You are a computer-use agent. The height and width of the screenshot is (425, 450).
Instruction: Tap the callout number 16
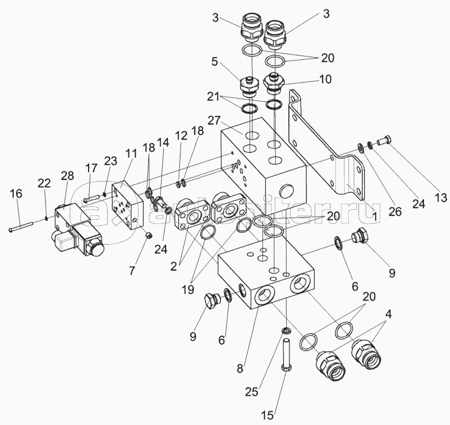tap(16, 193)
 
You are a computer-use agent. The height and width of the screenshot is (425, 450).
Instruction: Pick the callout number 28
tap(68, 175)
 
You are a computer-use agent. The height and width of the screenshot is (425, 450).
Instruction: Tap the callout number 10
tap(325, 79)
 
